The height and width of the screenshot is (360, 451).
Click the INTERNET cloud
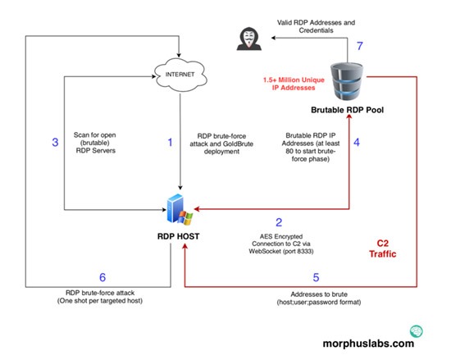180,75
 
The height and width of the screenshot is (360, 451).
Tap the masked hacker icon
249,39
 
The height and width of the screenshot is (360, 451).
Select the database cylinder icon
347,82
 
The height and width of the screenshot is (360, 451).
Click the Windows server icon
180,209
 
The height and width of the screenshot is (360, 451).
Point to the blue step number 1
171,143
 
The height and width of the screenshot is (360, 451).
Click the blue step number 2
279,222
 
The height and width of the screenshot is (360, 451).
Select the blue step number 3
55,143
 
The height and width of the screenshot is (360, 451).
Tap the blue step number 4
357,143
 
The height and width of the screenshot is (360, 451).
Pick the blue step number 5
316,277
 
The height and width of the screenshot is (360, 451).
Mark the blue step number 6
102,277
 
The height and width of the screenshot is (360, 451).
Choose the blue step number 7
360,46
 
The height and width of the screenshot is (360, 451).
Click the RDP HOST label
178,236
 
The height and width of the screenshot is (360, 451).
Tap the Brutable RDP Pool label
347,110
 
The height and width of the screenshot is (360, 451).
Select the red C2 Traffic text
383,248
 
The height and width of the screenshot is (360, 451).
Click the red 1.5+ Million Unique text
294,80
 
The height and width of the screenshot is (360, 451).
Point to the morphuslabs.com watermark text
368,344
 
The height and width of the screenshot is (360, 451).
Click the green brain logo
417,331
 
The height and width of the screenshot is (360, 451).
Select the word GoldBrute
237,144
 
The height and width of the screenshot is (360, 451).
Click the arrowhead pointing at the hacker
273,38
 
